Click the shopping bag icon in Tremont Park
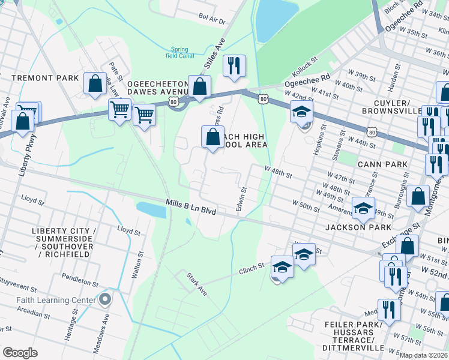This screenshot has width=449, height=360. pyautogui.click(x=95, y=85)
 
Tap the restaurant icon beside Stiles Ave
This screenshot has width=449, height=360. pyautogui.click(x=234, y=66)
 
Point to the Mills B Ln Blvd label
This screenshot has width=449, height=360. pyautogui.click(x=191, y=206)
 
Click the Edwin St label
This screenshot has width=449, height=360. pyautogui.click(x=242, y=199)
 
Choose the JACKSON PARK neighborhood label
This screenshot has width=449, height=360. pyautogui.click(x=358, y=227)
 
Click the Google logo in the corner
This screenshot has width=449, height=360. pyautogui.click(x=20, y=353)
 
